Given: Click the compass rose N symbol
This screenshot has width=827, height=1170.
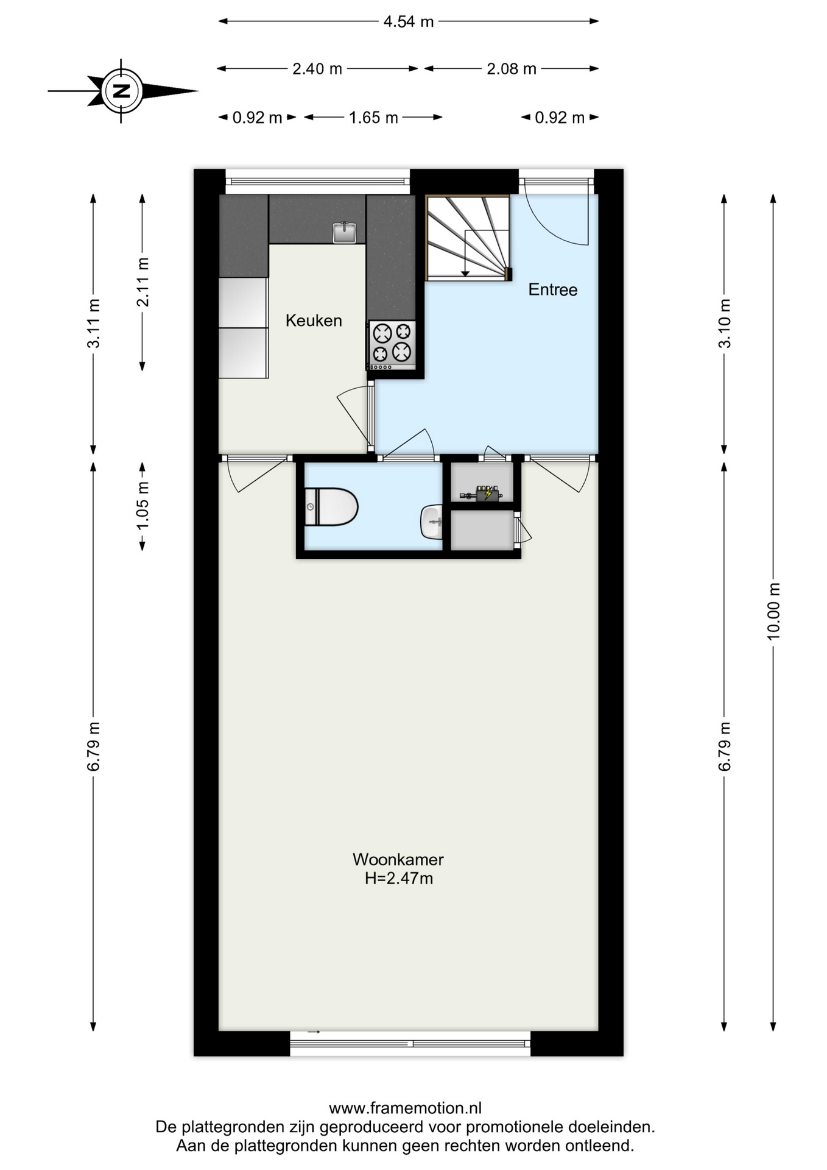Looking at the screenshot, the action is pos(122,91).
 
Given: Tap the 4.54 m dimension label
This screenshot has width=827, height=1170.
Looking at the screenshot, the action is pos(408,22).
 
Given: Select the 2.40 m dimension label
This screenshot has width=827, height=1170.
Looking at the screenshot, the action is pos(317,69).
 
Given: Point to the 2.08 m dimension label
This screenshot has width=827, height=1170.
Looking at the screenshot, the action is pos(512,69).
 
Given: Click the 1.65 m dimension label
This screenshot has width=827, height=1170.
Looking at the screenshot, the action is pos(373,118).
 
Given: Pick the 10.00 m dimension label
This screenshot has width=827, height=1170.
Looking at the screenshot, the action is pos(773,611).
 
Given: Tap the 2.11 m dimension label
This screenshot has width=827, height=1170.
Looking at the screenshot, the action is pos(143,282).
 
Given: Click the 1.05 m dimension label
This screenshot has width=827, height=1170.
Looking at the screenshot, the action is pos(143,506).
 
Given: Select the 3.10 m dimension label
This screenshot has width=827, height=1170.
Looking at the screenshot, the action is pos(725,324).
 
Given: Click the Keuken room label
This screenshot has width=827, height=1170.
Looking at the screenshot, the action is pos(314,321).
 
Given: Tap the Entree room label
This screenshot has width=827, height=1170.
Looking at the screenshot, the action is pos(553,289).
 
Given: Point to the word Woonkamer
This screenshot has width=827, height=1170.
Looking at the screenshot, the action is pos(398,859).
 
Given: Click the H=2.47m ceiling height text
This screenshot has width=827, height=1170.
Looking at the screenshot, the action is pos(399,878).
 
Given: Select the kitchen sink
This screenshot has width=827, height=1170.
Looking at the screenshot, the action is pos(344,233).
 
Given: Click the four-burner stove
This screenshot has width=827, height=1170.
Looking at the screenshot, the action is pos(392,345).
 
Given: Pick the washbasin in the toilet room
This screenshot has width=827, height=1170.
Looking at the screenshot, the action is pos(431,522).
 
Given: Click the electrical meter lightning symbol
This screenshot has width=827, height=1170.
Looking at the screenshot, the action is pos(488,493).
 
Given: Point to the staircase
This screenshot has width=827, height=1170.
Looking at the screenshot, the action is pos(468,238).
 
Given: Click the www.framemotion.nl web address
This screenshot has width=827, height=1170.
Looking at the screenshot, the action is pos(405,1108).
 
